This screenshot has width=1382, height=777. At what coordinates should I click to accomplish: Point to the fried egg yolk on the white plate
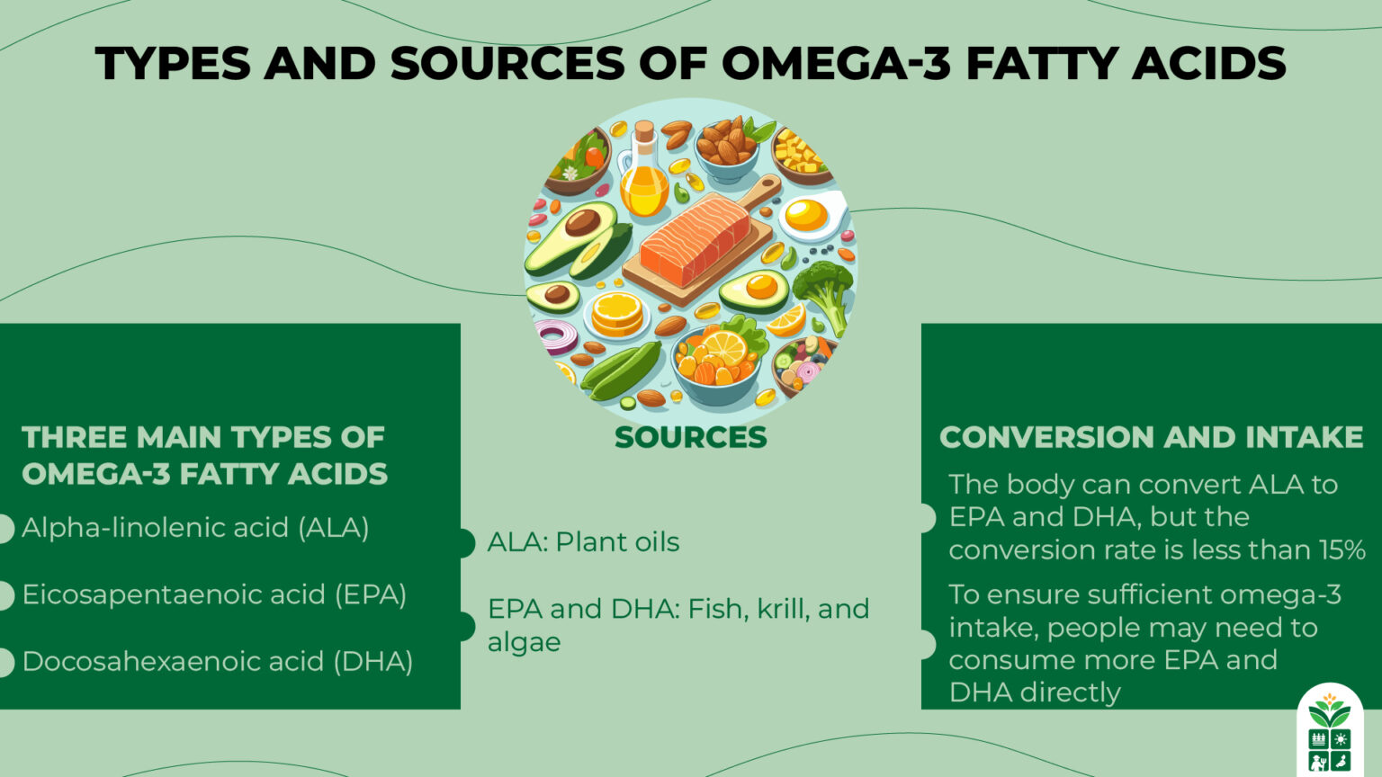pos(805,215)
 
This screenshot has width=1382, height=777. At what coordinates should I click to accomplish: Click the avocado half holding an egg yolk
pos(755,290)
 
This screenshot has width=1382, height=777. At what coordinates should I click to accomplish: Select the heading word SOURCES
pos(690,438)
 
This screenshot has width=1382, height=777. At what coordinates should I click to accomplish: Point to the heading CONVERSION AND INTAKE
pos(1151,437)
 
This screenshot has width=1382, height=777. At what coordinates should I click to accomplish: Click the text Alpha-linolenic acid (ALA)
pos(195,528)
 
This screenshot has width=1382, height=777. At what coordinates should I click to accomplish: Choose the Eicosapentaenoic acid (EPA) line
pos(214,594)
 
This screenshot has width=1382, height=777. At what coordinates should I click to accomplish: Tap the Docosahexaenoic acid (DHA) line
pos(217,661)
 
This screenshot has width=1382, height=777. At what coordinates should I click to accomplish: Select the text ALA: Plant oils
pos(583,542)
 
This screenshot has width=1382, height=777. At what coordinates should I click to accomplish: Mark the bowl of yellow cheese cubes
pos(798,155)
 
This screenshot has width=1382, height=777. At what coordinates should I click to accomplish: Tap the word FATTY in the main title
pos(1043,63)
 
